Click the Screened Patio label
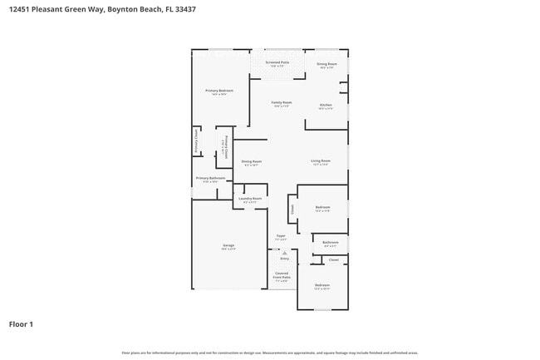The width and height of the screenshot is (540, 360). coord(277,62)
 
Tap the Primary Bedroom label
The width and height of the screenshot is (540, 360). coord(219,91)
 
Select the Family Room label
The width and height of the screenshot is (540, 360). coord(282,103)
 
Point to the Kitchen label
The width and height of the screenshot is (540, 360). coord(326,106)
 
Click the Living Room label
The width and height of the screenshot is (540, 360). coord(321,160)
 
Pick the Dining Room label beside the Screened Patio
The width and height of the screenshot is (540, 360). coord(326,64)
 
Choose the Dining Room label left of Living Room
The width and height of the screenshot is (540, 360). coord(251,161)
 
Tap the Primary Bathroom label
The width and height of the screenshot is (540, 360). coord(210,178)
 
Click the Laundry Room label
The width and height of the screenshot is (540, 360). coord(250,199)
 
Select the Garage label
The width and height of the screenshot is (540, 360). coord(228,245)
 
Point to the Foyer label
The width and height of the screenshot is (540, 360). coord(281,236)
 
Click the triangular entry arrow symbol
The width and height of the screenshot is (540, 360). coord(283,252)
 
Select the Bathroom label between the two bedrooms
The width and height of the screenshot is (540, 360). coord(330,242)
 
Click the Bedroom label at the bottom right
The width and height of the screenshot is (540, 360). coord(322,285)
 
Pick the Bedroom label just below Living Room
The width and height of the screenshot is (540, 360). coord(322,206)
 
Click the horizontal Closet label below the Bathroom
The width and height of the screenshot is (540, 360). coord(333,259)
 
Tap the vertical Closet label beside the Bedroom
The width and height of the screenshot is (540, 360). coord(292,210)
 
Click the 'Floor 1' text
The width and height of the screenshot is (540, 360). coord(21,323)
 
